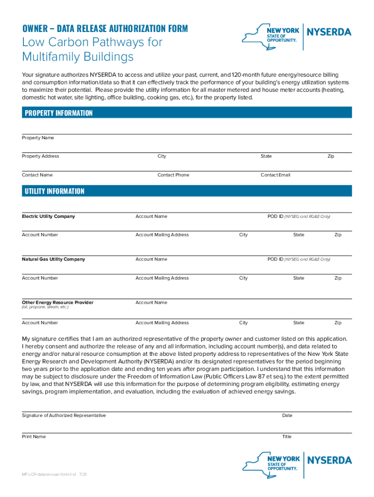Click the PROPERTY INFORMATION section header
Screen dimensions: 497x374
58,113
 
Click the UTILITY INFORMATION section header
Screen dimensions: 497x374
54,191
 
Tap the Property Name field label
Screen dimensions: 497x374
38,138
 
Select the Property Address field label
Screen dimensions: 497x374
40,156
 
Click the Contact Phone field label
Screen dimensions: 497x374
173,175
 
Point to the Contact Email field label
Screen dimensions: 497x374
275,175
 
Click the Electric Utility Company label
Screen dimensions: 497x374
48,216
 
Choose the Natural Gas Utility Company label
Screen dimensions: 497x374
53,259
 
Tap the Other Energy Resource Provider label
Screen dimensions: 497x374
57,302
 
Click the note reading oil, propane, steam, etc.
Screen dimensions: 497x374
45,307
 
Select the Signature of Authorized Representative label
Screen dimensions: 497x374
64,415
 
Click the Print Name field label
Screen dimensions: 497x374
34,437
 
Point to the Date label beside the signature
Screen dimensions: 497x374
287,415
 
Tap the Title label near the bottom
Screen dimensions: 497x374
287,437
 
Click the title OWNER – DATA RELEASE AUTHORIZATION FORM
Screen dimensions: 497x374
104,29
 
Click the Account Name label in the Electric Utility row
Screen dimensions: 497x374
151,216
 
